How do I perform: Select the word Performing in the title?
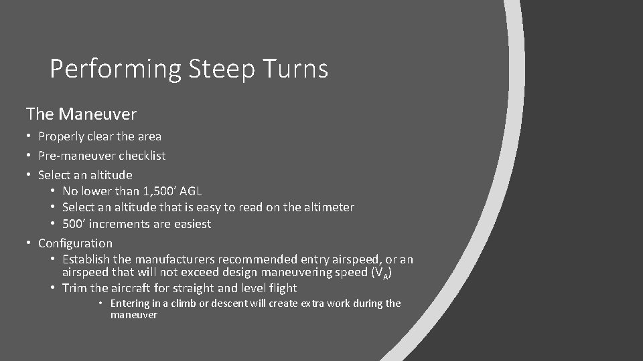tap(115, 69)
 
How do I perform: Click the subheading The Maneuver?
tap(81, 114)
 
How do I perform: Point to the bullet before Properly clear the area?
tap(30, 136)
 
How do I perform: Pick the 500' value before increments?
tap(74, 224)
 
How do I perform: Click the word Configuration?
tap(75, 243)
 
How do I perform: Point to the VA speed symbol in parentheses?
tap(377, 273)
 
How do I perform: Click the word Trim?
tap(75, 288)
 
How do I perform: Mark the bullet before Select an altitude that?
tap(54, 208)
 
